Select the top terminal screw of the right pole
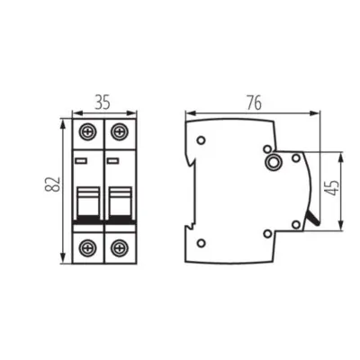(x=118, y=131)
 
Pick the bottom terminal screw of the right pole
(x=118, y=247)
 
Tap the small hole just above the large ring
(x=267, y=148)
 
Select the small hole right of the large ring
(x=296, y=158)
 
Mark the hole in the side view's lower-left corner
(x=201, y=240)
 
